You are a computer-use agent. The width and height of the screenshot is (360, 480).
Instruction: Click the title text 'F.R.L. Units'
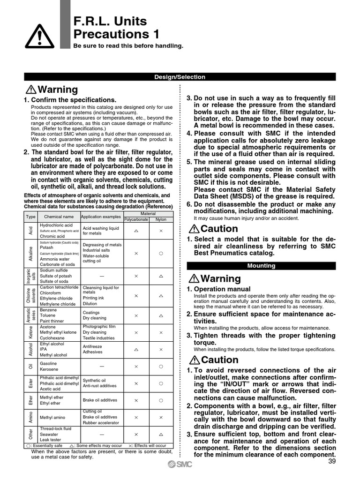point(110,21)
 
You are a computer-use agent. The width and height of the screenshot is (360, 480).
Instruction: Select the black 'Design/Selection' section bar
point(180,77)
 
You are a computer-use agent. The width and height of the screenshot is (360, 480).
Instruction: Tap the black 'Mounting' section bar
point(261,266)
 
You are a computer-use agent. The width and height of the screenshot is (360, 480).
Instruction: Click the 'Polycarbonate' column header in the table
point(136,219)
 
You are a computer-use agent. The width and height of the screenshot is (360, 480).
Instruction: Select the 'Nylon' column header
point(161,219)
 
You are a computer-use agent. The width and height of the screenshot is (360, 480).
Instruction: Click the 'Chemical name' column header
point(59,217)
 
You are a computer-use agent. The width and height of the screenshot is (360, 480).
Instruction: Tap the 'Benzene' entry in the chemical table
point(48,310)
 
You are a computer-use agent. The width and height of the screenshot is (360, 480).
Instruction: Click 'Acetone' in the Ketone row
point(48,327)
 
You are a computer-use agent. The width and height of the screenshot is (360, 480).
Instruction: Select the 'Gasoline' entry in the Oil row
point(49,363)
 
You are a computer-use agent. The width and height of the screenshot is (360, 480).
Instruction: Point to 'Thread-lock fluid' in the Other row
point(56,428)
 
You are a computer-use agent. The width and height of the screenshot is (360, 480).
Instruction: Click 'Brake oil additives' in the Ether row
point(100,400)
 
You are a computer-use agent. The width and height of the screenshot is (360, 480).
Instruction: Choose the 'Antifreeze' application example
point(93,346)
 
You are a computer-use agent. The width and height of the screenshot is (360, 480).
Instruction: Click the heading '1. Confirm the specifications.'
point(70,100)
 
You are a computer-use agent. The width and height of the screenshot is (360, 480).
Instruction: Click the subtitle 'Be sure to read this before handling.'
point(128,46)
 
